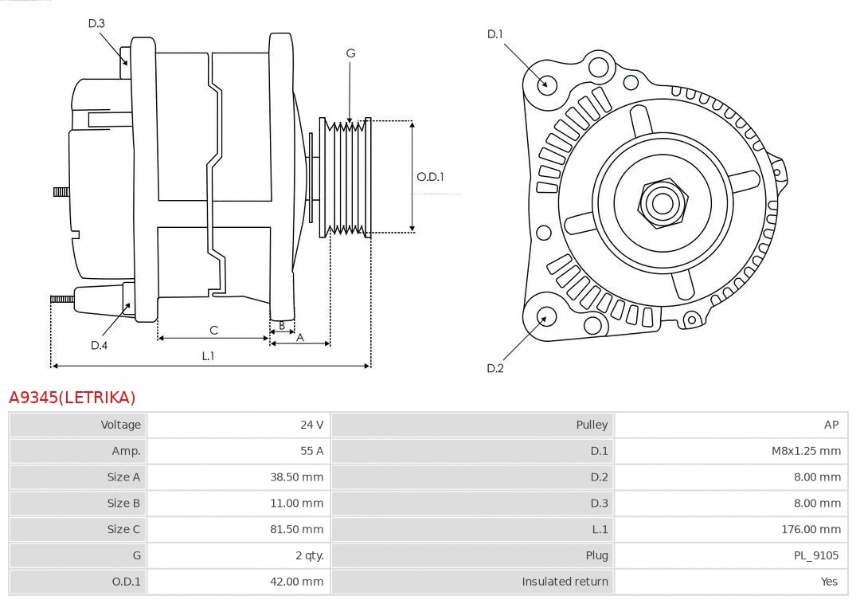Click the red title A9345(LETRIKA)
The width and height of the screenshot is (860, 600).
(x=72, y=397)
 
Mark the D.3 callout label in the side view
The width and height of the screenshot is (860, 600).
(x=96, y=23)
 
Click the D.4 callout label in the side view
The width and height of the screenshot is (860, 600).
(x=99, y=345)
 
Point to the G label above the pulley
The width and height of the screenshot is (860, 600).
(x=350, y=53)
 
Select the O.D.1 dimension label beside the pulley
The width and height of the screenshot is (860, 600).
(x=431, y=177)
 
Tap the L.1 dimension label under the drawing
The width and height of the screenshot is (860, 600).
(x=208, y=356)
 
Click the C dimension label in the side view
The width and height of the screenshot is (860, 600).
(x=213, y=330)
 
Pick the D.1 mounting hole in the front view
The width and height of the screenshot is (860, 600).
(x=546, y=83)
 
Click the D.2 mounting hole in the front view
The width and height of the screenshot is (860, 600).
(x=545, y=317)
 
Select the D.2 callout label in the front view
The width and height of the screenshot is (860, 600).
(x=495, y=368)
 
